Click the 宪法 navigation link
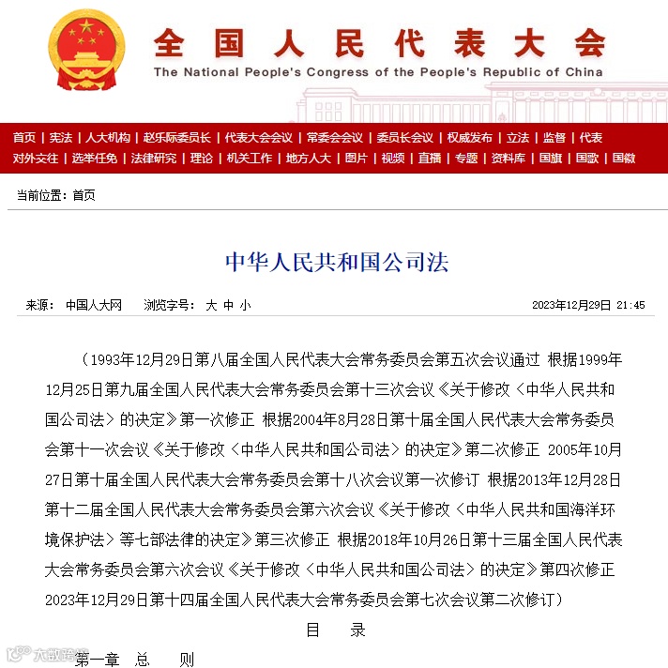point(61,138)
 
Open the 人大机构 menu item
point(108,138)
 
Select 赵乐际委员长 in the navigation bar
point(176,138)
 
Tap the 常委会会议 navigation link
point(334,138)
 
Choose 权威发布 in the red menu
point(469,138)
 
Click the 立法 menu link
point(518,138)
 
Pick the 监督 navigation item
point(554,138)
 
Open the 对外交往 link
point(35,159)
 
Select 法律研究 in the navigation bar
point(153,159)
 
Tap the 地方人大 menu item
point(309,159)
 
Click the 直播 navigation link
point(430,159)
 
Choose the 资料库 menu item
point(509,159)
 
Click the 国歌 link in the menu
point(587,159)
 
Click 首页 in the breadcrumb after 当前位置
point(83,195)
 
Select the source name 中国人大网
point(94,305)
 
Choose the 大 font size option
point(211,305)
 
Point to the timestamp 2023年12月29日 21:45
point(588,305)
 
